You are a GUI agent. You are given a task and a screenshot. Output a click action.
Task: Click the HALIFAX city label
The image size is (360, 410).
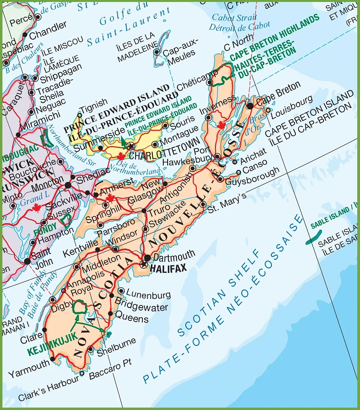[168, 268]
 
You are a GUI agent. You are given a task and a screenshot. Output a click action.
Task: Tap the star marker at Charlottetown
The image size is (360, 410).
[130, 146]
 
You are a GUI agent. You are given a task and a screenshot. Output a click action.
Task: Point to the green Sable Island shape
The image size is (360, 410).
[314, 237]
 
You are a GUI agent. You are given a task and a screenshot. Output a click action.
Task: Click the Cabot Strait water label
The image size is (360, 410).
[234, 17]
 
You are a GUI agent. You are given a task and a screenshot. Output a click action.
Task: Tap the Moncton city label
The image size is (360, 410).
[47, 183]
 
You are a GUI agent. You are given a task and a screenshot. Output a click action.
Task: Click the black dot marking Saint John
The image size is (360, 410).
[27, 261]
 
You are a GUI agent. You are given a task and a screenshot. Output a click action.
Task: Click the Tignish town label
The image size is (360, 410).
[94, 106]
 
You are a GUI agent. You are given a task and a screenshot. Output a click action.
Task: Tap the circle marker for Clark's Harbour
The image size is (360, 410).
[82, 373]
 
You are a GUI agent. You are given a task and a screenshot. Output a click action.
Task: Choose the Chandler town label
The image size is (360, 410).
[48, 30]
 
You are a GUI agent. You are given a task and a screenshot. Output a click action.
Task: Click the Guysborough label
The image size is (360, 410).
[252, 177]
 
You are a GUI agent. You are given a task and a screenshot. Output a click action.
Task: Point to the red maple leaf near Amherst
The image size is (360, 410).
[110, 198]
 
